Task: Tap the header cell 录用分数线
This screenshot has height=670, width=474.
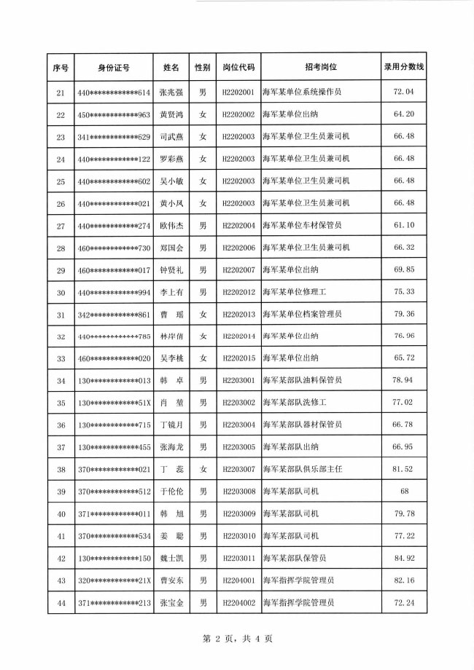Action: click(403, 67)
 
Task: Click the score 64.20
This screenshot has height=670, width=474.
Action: click(403, 114)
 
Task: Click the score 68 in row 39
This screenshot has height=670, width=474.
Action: click(403, 492)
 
